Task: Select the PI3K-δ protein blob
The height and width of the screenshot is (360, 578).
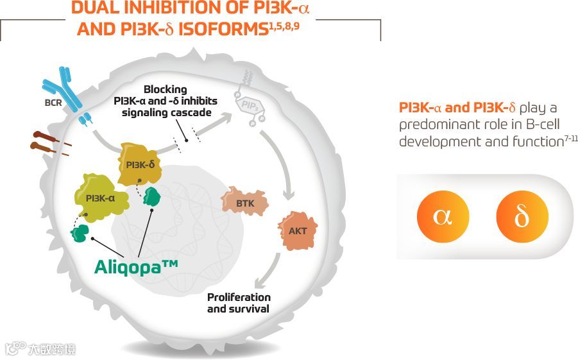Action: point(139,165)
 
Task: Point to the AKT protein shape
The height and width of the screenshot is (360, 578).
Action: point(298,230)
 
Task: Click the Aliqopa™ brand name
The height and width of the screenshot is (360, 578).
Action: point(136,264)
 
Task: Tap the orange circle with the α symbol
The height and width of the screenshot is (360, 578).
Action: point(443,216)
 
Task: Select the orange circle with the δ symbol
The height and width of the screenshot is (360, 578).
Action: point(522,216)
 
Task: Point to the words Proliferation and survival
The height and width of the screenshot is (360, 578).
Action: point(239,303)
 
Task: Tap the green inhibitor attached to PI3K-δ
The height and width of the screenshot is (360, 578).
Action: point(153,196)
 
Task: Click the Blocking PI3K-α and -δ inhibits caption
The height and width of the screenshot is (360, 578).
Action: point(166,101)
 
